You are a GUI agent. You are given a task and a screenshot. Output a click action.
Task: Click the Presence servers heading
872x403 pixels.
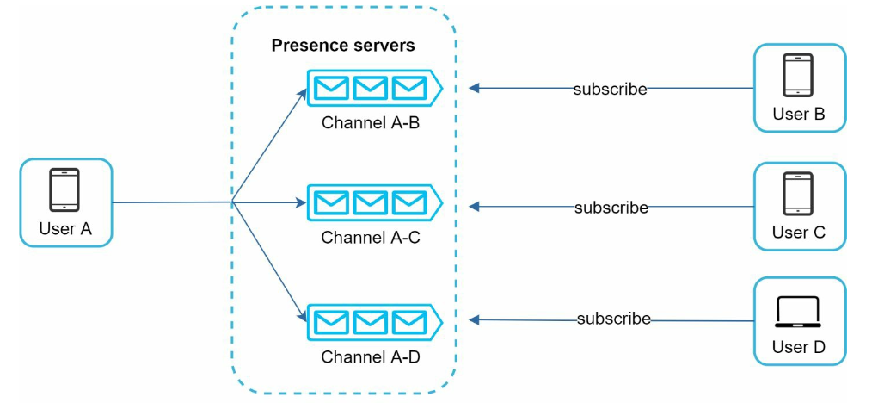[343, 46]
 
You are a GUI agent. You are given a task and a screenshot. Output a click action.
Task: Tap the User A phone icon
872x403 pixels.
[65, 189]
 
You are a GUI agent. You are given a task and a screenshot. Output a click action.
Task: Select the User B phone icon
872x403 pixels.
[798, 75]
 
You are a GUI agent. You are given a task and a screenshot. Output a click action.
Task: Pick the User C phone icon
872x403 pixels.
[798, 194]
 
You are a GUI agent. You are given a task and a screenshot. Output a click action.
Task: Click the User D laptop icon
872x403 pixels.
[799, 312]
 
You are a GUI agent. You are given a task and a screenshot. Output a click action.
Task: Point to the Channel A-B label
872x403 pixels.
[371, 122]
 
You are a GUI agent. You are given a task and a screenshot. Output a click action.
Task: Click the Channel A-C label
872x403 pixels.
[371, 239]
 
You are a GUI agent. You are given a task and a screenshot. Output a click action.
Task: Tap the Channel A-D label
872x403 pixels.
[371, 356]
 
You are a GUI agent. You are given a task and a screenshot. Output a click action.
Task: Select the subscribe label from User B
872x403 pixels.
[611, 89]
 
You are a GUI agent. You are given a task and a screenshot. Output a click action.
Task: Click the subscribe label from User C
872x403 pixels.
[611, 208]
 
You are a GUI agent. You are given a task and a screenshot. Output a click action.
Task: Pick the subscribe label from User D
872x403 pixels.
[614, 319]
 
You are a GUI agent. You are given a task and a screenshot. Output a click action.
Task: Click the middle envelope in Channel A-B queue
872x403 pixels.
[371, 87]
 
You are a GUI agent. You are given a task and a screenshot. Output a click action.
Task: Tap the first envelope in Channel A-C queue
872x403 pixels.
[331, 203]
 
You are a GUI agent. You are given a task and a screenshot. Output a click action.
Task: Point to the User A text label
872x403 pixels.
[65, 228]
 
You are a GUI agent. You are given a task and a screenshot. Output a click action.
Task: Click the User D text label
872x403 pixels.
[799, 347]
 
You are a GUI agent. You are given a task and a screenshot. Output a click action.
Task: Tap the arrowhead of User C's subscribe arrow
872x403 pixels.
[474, 207]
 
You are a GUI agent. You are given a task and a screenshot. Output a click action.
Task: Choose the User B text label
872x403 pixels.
[799, 115]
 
